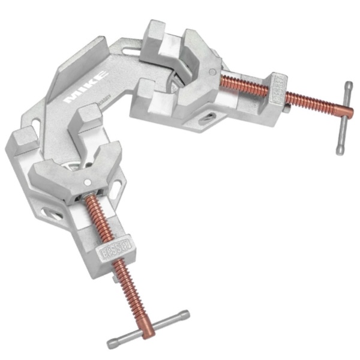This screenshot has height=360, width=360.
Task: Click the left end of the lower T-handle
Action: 112,344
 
